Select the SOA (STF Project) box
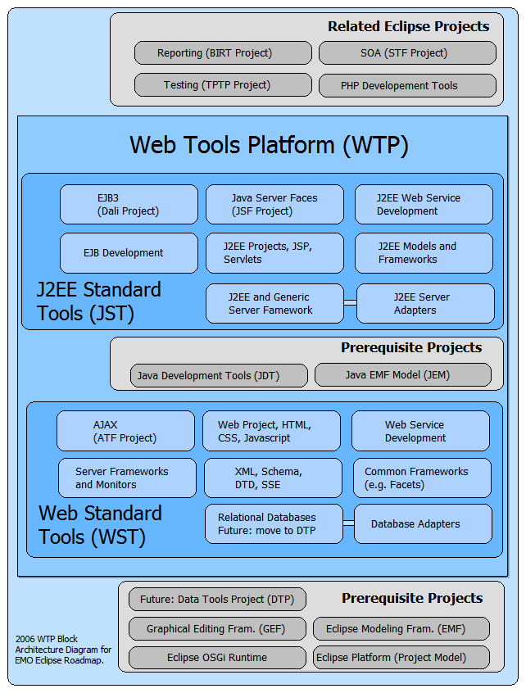point(407,53)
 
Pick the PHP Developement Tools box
point(407,85)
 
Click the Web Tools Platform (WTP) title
point(269,146)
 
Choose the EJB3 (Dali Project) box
point(129,205)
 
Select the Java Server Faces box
point(274,205)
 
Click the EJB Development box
point(129,253)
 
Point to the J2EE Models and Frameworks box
point(424,253)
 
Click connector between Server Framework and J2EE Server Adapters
point(350,303)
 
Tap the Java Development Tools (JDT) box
point(219,376)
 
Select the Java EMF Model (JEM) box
point(403,376)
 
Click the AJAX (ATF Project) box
point(125,431)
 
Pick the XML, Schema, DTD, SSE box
point(272,478)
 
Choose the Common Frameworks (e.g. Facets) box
point(422,478)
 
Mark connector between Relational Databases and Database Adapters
point(348,523)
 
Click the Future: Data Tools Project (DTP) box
point(217,599)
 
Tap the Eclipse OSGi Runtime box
point(217,657)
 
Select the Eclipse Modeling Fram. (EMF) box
point(401,629)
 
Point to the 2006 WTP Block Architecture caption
point(63,649)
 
